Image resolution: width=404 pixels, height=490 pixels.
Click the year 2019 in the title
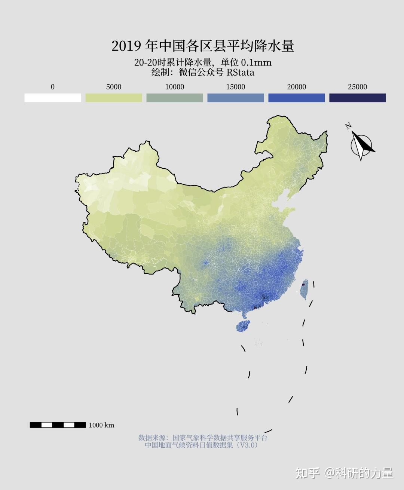pyautogui.click(x=126, y=46)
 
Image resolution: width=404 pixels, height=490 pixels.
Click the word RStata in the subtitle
pyautogui.click(x=240, y=72)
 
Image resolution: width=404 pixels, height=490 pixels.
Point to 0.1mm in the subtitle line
pyautogui.click(x=256, y=62)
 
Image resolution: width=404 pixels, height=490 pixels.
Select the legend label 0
pyautogui.click(x=52, y=87)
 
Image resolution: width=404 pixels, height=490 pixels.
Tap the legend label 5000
pyautogui.click(x=114, y=87)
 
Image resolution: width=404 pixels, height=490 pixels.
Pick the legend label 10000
pyautogui.click(x=175, y=87)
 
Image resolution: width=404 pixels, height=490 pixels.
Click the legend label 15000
pyautogui.click(x=236, y=87)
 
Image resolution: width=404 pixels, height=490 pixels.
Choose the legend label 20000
pyautogui.click(x=297, y=87)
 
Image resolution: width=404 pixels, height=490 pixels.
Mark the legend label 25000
pyautogui.click(x=358, y=87)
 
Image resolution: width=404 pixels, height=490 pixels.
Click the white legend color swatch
pyautogui.click(x=53, y=98)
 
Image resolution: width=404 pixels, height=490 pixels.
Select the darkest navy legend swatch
pyautogui.click(x=358, y=98)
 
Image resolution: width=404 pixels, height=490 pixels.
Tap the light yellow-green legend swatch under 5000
pyautogui.click(x=114, y=98)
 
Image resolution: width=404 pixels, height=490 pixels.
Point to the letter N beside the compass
pyautogui.click(x=348, y=126)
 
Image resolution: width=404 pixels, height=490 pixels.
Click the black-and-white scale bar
pyautogui.click(x=58, y=425)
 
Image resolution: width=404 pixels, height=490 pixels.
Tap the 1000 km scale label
pyautogui.click(x=101, y=425)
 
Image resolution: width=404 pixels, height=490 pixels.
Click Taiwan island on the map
pyautogui.click(x=304, y=289)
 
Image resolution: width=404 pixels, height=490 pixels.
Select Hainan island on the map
pyautogui.click(x=243, y=326)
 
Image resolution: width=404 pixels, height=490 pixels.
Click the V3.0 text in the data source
pyautogui.click(x=249, y=445)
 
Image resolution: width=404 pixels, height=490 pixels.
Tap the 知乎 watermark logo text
pyautogui.click(x=307, y=473)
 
